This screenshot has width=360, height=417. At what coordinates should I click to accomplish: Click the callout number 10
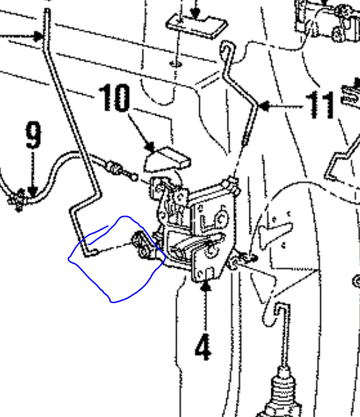(x=114, y=99)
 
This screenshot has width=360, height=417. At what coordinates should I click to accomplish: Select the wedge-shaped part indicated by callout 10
(x=168, y=157)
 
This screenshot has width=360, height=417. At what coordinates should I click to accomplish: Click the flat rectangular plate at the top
(x=197, y=25)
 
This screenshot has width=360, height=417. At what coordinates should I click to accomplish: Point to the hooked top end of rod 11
(x=226, y=48)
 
